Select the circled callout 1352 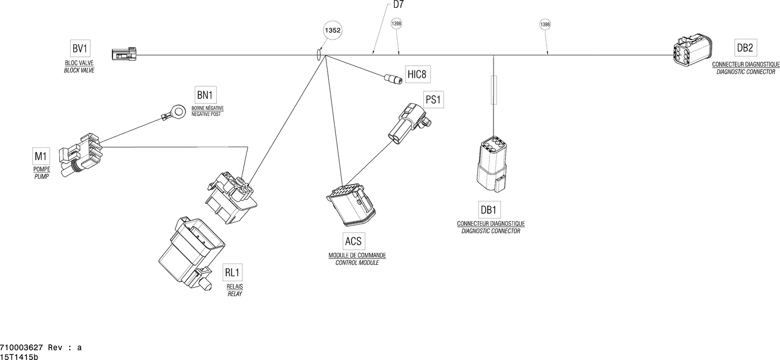(x=333, y=31)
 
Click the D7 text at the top (x=398, y=5)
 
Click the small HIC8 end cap (x=393, y=79)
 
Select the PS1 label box (x=433, y=100)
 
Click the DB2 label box (x=745, y=48)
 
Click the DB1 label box (x=488, y=210)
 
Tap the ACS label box (x=354, y=241)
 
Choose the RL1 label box (x=232, y=273)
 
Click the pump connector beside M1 (x=81, y=155)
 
